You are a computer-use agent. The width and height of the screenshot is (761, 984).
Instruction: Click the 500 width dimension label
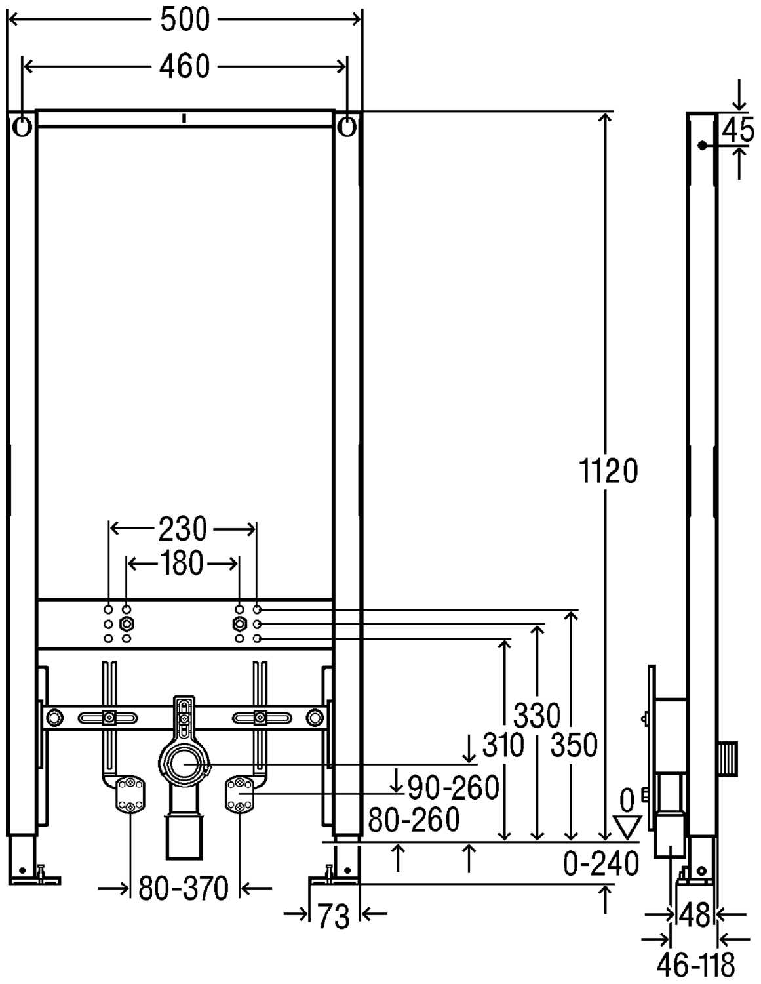coord(185,20)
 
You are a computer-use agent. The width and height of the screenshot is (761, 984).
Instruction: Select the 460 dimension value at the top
coord(185,66)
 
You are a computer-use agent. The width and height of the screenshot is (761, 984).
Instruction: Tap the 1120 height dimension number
coord(608,471)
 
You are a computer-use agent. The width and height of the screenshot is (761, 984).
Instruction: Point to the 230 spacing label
coord(182,529)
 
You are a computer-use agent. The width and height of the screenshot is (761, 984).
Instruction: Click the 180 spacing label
coord(181,564)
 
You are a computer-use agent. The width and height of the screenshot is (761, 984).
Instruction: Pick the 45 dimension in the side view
coord(737,130)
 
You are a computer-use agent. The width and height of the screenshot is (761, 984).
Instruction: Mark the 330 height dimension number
coord(537,716)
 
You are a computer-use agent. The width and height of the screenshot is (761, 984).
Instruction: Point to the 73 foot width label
coord(334,916)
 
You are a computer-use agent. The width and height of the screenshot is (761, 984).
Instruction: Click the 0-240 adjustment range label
coord(601,864)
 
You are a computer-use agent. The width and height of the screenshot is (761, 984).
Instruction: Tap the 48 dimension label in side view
coord(695,916)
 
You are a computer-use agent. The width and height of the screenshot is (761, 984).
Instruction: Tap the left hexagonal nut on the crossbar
coord(127,625)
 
